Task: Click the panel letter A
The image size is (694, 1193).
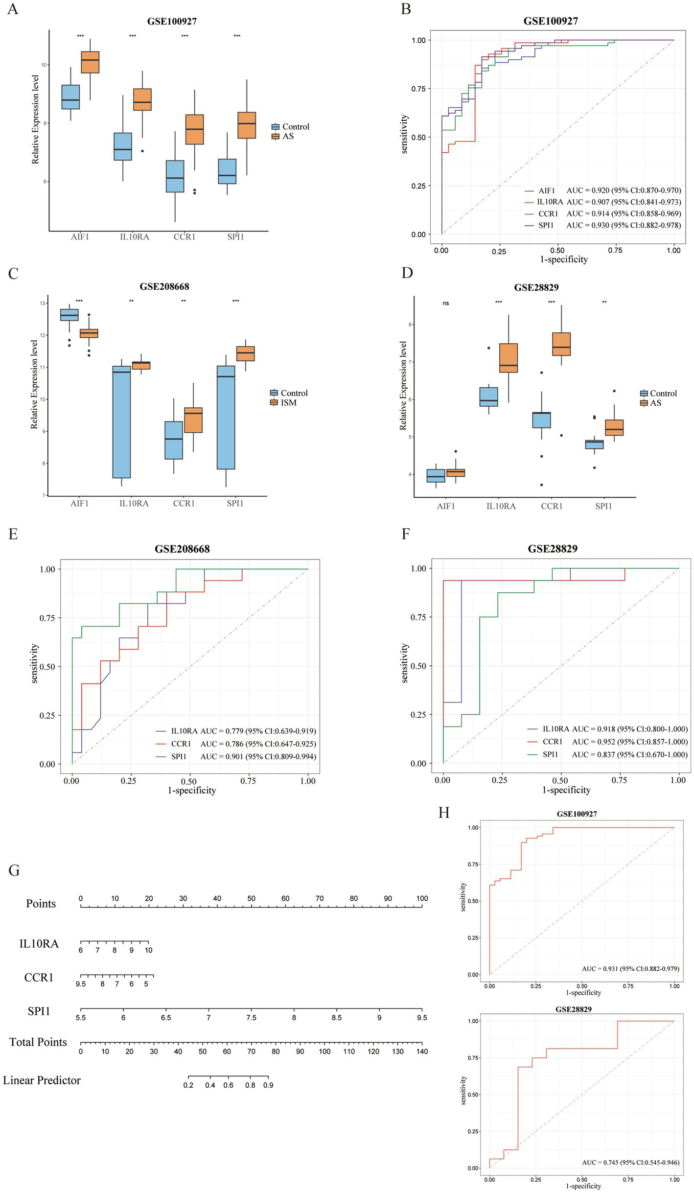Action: (13, 9)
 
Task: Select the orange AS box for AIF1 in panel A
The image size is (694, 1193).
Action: (90, 62)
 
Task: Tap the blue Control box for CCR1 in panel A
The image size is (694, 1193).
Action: (175, 176)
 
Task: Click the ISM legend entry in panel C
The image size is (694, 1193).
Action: (288, 402)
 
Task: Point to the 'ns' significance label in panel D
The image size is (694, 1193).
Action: (445, 303)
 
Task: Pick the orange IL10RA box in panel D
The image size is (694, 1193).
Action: (509, 358)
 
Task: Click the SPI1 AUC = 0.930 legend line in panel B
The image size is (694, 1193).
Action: (602, 225)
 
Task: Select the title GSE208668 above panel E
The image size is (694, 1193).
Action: (182, 549)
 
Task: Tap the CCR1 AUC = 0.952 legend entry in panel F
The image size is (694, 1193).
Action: (614, 742)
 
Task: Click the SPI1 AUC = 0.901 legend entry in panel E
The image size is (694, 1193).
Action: (243, 756)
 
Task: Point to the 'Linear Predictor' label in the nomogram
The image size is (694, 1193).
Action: (42, 1080)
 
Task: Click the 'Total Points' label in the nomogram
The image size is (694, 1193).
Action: (38, 1042)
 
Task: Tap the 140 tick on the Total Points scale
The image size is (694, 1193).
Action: (422, 1051)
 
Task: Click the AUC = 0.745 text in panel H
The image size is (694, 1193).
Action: (630, 1162)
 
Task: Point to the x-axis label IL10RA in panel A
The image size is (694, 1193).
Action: (134, 237)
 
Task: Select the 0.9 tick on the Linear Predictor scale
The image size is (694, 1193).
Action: (268, 1085)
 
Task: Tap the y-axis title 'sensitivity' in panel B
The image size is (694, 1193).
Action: (404, 134)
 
